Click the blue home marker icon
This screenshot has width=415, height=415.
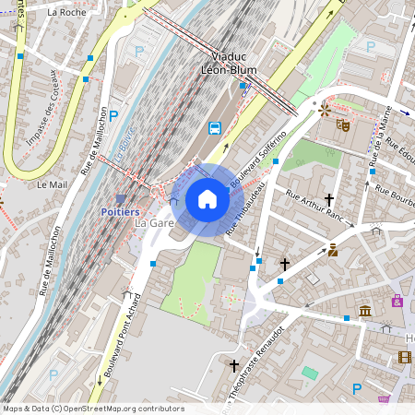point(207,199)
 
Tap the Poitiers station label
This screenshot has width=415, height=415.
point(119,211)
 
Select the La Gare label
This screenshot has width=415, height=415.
point(154,224)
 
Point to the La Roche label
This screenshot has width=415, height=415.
point(65,13)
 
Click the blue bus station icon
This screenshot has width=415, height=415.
point(215,127)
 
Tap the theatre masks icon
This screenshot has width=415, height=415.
point(343,124)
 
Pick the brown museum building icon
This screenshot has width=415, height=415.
point(365,312)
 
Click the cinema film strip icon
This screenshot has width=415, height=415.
point(404,357)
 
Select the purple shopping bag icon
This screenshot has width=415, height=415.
point(397,301)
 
